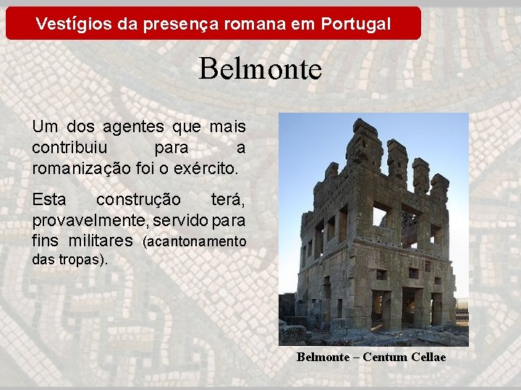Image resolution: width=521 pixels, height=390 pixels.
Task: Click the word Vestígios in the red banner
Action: tap(67, 24)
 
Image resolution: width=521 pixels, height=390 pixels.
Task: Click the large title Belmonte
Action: tap(260, 69)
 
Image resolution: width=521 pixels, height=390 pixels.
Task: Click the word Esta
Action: tap(48, 199)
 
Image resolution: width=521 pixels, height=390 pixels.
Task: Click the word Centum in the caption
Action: tap(386, 357)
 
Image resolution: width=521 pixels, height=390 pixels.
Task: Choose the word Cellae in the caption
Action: tap(428, 357)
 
